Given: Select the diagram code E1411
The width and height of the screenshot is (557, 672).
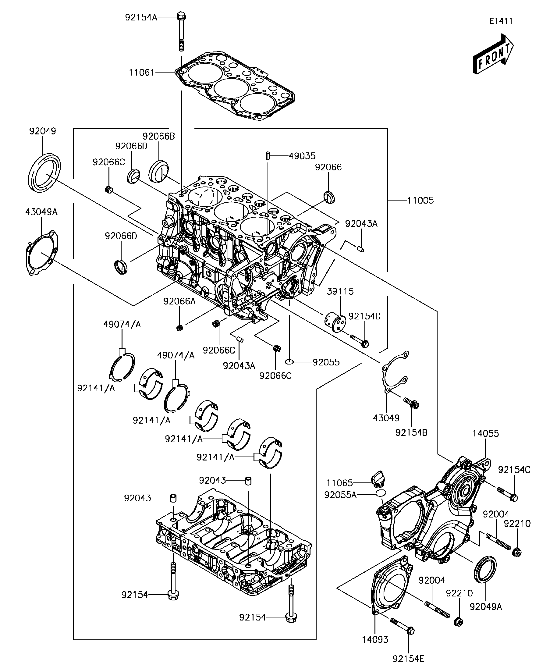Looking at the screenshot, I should click(x=501, y=21).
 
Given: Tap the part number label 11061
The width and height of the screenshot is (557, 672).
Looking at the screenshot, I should click(x=142, y=73).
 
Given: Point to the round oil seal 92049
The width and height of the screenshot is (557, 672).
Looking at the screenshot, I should click(x=44, y=173).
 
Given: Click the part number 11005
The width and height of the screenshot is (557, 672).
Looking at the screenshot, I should click(x=420, y=201).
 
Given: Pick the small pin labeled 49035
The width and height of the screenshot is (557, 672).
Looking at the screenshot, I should click(x=268, y=156).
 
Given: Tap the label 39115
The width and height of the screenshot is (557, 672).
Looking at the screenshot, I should click(x=340, y=292).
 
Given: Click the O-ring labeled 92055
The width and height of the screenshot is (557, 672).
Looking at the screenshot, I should click(x=289, y=362).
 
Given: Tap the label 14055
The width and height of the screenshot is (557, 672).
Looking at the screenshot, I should click(x=486, y=434).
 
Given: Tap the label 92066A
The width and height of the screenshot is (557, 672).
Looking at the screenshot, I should click(x=179, y=301).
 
